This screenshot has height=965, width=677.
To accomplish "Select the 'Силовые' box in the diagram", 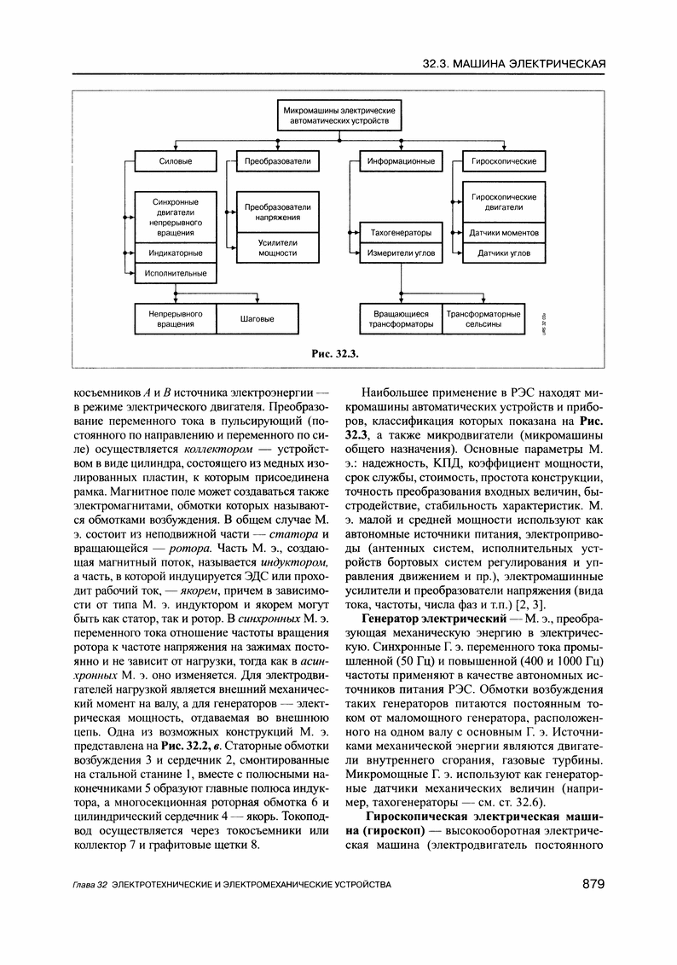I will pyautogui.click(x=176, y=160).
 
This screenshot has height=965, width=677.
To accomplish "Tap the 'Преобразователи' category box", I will pyautogui.click(x=277, y=160).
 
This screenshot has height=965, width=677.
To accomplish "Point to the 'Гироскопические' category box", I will pyautogui.click(x=504, y=160).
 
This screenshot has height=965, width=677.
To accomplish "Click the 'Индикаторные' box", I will pyautogui.click(x=176, y=253).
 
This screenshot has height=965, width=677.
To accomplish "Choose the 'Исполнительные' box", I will pyautogui.click(x=176, y=273).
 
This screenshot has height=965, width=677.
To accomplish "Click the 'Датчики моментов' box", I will pyautogui.click(x=504, y=233).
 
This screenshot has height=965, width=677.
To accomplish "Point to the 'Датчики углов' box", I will pyautogui.click(x=504, y=253).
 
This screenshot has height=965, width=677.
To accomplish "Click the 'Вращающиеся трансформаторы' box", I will pyautogui.click(x=401, y=319).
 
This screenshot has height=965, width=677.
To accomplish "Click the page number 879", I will pyautogui.click(x=593, y=882).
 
